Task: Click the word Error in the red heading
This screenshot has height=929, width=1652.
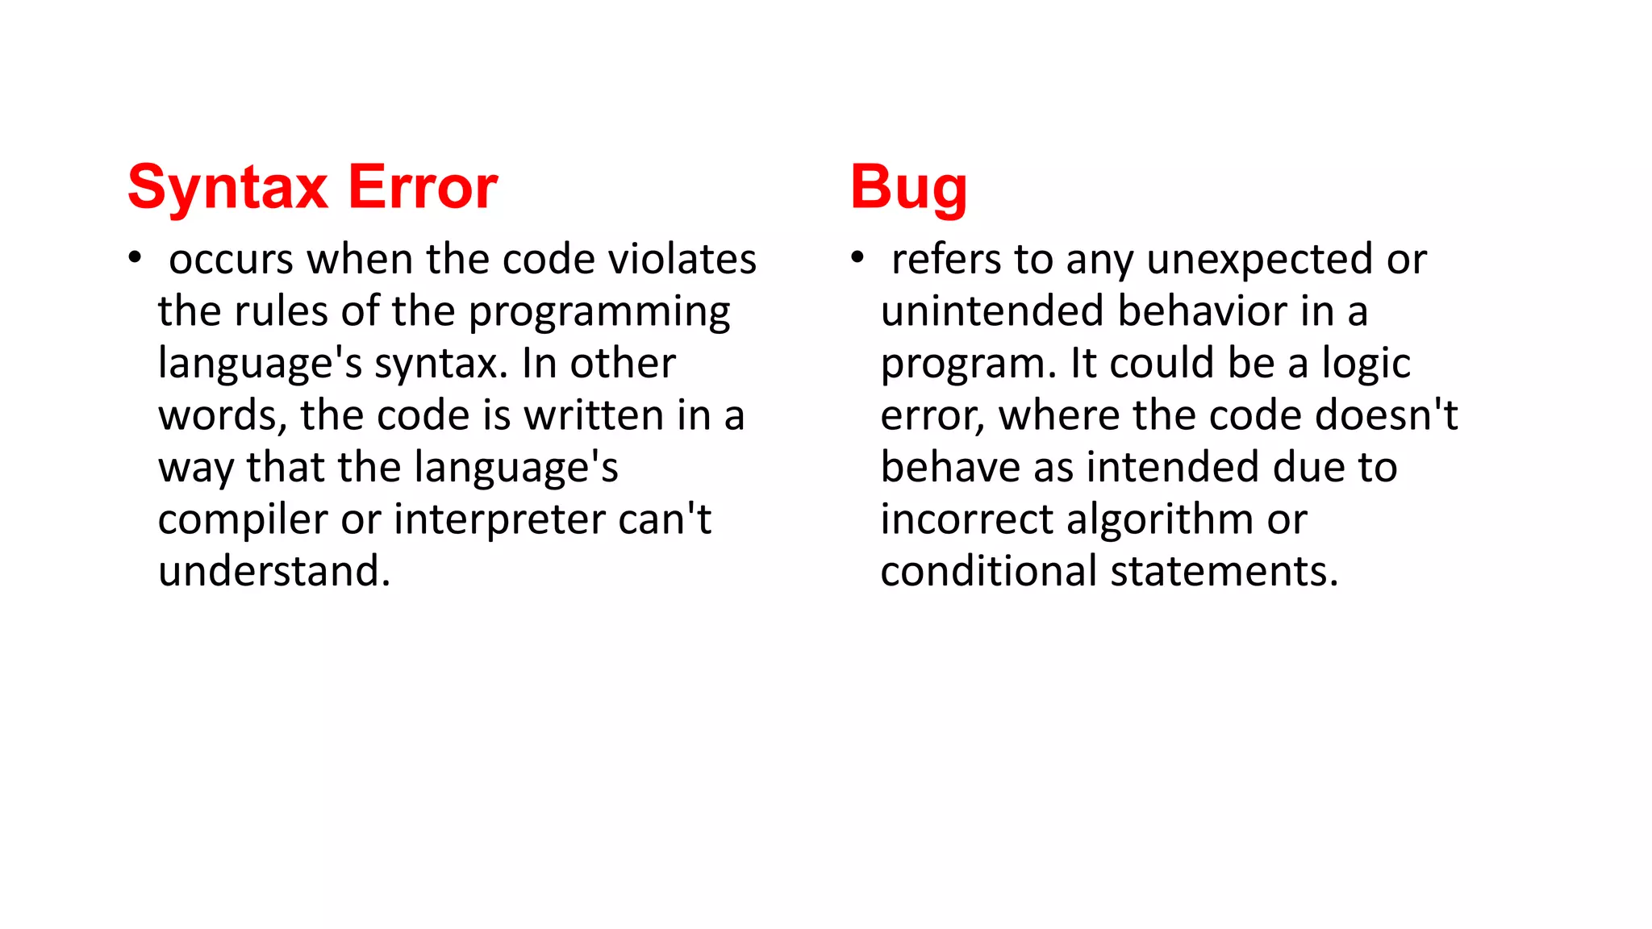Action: pos(423,188)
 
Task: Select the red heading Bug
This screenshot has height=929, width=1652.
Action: pos(908,188)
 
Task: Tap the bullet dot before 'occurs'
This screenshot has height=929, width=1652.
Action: pos(135,258)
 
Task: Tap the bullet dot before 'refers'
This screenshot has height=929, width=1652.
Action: pos(857,258)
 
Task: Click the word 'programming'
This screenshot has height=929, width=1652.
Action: pos(599,313)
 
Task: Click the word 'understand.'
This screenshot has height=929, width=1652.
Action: pos(274,571)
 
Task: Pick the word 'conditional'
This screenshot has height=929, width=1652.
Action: pos(989,571)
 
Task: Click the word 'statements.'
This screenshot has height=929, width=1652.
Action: pos(1224,571)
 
